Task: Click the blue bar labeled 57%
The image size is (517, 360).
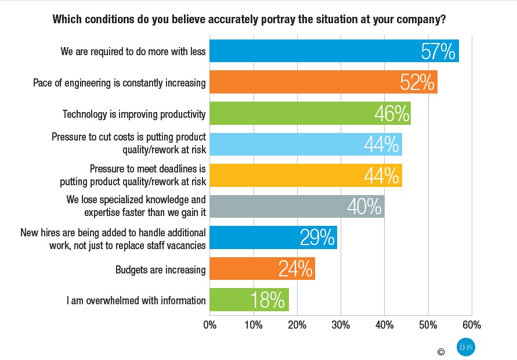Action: pyautogui.click(x=334, y=51)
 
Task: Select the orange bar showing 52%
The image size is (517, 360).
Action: pyautogui.click(x=323, y=82)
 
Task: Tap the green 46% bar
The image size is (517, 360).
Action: pyautogui.click(x=310, y=114)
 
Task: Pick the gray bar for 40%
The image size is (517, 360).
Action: pyautogui.click(x=297, y=206)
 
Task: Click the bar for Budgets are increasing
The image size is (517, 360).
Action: pyautogui.click(x=262, y=269)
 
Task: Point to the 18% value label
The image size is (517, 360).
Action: pyautogui.click(x=267, y=300)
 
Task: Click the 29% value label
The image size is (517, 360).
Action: pyautogui.click(x=317, y=237)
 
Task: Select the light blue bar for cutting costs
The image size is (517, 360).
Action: pyautogui.click(x=305, y=145)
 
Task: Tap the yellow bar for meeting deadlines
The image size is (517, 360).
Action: pyautogui.click(x=305, y=175)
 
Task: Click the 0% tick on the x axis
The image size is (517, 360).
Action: pyautogui.click(x=209, y=325)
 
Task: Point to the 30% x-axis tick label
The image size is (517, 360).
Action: pyautogui.click(x=341, y=325)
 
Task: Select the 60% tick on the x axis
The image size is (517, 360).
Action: pyautogui.click(x=472, y=325)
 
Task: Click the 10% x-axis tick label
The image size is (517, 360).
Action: pyautogui.click(x=253, y=325)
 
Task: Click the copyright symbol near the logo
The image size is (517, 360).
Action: pyautogui.click(x=441, y=351)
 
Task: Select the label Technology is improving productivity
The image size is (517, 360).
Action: pyautogui.click(x=134, y=114)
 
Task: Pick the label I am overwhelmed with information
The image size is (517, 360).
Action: pyautogui.click(x=136, y=300)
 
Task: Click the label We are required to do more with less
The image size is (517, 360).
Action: pyautogui.click(x=133, y=51)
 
